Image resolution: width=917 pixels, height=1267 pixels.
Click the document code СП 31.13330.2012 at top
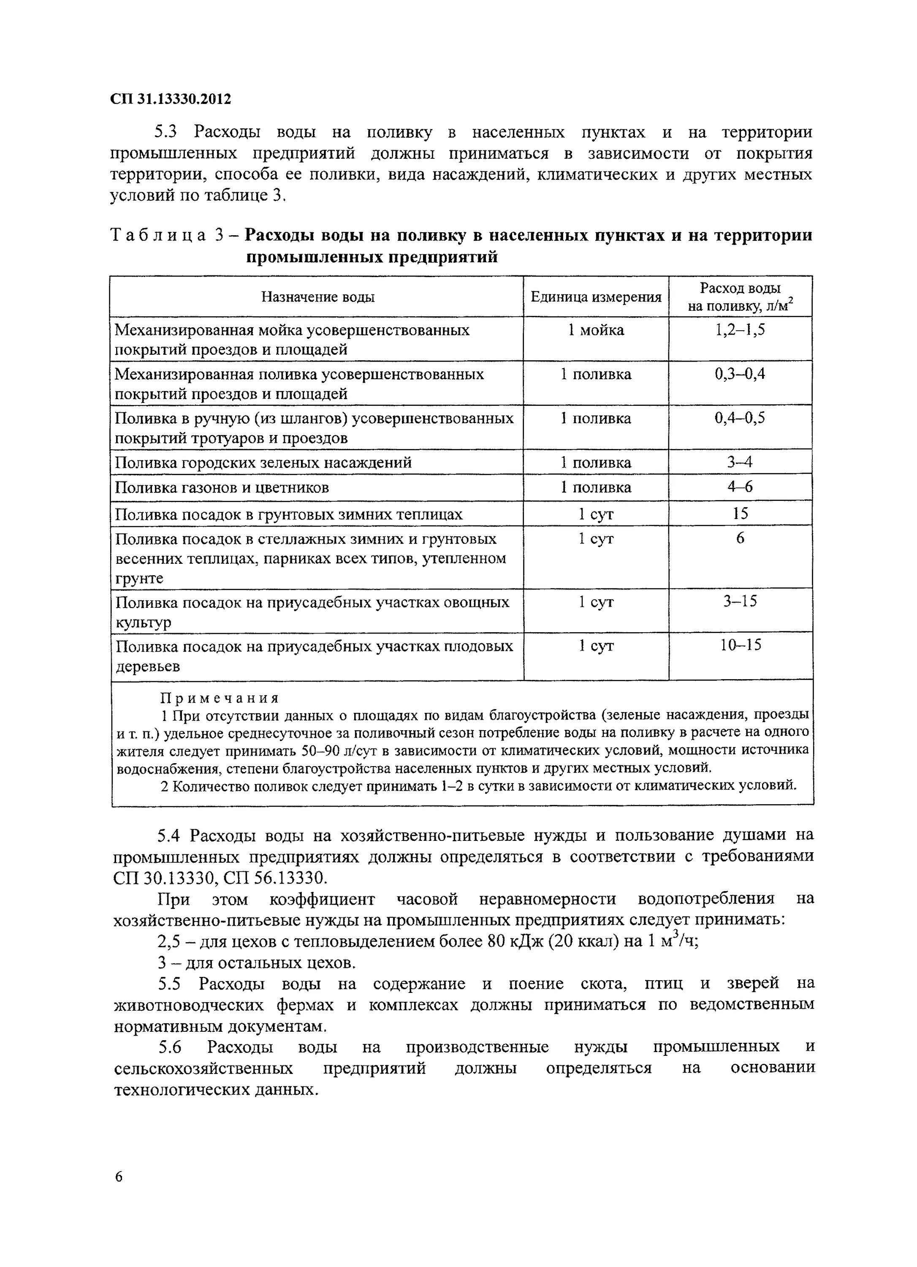170,99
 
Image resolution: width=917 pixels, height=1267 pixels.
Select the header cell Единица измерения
595,296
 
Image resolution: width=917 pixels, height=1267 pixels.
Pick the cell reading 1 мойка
596,330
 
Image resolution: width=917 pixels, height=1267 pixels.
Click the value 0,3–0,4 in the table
740,374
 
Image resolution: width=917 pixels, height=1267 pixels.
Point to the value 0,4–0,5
740,418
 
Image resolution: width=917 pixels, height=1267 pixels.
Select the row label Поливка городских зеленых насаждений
263,462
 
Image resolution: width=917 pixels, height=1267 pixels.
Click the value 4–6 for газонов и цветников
740,487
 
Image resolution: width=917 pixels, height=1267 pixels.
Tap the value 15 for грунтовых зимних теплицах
740,513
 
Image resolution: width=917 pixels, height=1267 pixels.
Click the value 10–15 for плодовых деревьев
740,645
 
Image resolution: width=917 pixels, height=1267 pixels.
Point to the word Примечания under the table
220,698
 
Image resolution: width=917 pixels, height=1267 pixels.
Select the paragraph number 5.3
166,132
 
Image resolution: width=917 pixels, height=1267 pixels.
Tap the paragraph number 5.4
168,836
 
